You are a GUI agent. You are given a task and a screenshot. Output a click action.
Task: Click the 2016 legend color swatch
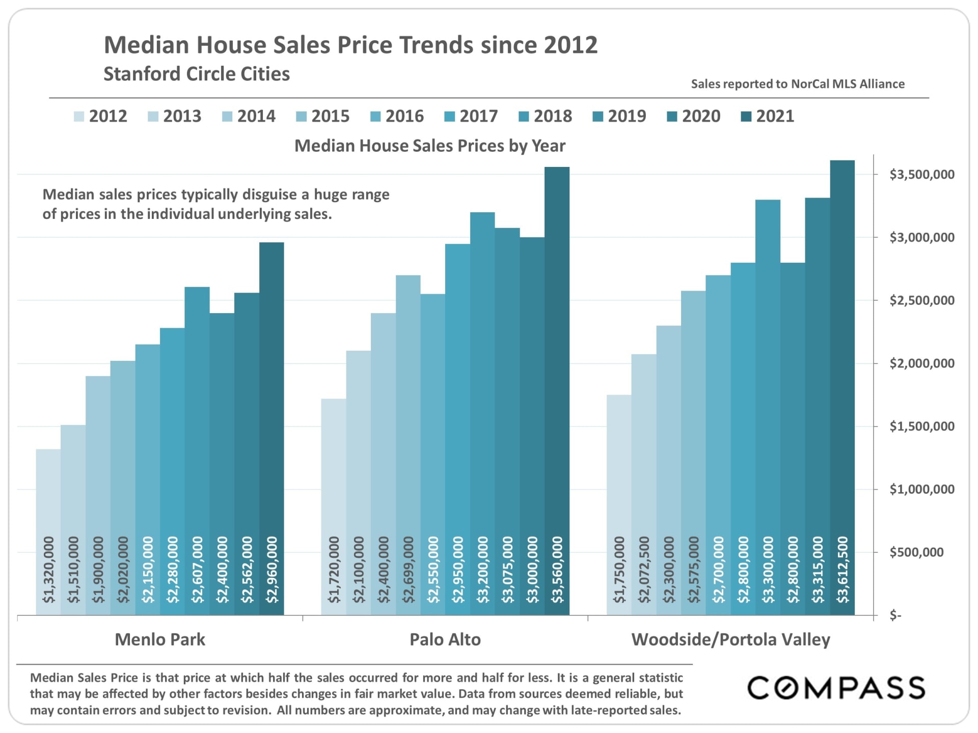[375, 117]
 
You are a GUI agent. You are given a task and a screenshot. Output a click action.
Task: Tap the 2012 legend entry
[100, 117]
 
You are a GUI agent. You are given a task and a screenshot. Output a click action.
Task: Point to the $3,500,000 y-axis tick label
[921, 175]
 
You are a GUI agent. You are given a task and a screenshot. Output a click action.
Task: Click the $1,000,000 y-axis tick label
[921, 489]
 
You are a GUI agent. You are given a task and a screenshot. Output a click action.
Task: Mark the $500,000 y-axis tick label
[916, 552]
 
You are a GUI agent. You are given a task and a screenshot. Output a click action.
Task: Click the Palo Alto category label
[445, 639]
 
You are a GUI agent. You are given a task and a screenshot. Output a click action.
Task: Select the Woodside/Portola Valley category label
[730, 639]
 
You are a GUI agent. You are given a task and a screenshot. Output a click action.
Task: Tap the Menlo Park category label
[160, 639]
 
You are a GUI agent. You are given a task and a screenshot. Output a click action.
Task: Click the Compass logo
[836, 688]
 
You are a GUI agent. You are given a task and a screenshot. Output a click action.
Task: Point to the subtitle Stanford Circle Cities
[197, 74]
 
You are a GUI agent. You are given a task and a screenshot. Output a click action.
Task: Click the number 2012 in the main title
[570, 45]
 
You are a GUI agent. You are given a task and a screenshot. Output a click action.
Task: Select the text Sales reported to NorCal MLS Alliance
[798, 84]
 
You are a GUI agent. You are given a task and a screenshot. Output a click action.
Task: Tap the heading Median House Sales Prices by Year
[430, 146]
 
